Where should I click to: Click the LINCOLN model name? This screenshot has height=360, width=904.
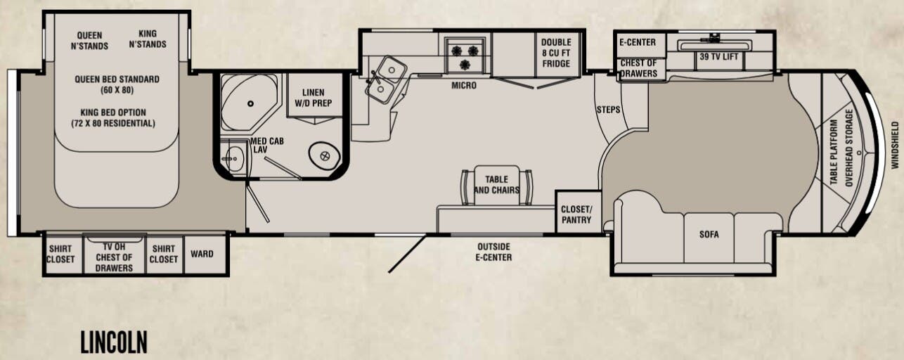point(114,342)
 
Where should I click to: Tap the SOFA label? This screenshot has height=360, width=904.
point(709,234)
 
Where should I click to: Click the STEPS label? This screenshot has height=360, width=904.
point(608,110)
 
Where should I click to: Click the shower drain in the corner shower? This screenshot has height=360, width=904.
point(251,104)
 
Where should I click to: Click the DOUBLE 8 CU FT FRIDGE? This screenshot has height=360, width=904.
point(557,53)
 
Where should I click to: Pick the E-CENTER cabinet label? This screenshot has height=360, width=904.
point(638,42)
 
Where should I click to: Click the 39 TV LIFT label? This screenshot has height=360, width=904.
point(718,56)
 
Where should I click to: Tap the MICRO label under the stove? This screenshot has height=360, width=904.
point(464,86)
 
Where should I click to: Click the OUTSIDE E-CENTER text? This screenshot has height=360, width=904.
point(493,252)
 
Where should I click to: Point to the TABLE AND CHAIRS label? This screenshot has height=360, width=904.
point(496,184)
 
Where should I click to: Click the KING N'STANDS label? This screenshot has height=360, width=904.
point(148,39)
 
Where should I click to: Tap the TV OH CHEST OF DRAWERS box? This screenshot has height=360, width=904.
point(114,255)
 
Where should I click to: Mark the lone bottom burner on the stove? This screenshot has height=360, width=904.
point(465,64)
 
